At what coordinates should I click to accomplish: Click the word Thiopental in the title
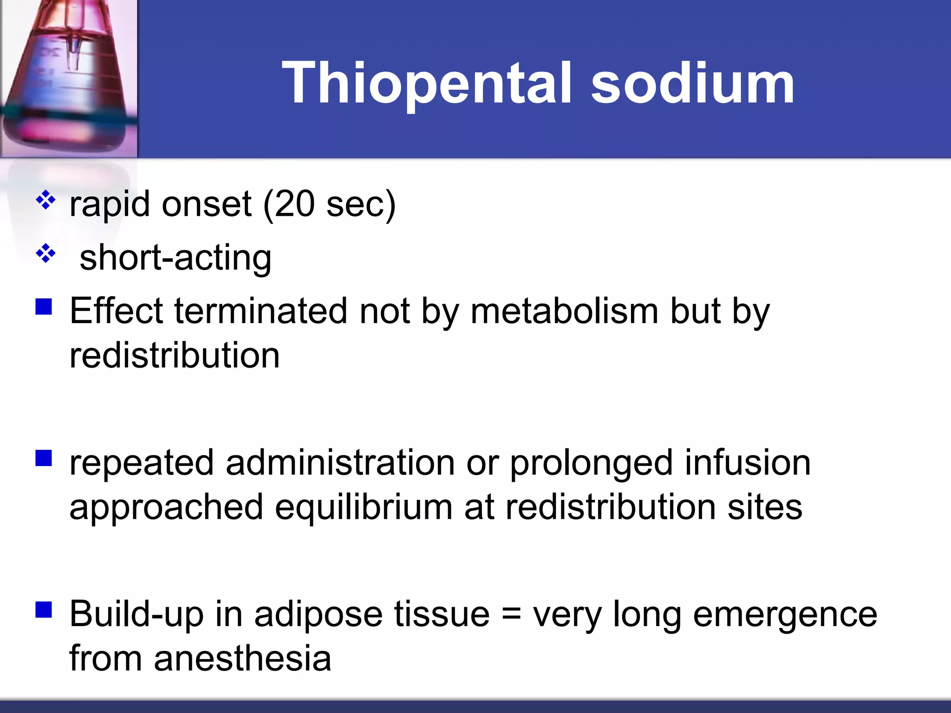(426, 84)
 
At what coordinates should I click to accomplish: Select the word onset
(207, 204)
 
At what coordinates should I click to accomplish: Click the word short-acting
(176, 258)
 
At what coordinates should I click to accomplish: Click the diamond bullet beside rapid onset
(46, 201)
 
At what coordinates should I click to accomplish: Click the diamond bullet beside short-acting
(46, 253)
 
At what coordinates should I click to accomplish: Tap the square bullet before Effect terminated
(44, 306)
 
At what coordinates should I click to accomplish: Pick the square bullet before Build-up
(44, 609)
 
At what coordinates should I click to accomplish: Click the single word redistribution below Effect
(175, 356)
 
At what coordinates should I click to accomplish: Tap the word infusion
(748, 463)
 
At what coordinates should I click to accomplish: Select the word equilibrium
(364, 507)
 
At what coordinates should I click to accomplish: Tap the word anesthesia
(242, 659)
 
